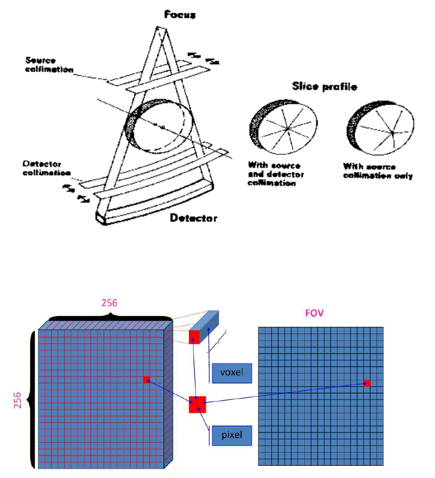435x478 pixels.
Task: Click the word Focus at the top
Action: coord(180,15)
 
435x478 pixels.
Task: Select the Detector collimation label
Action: coord(46,169)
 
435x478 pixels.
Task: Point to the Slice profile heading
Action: coord(324,86)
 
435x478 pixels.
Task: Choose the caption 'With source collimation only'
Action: coord(377,171)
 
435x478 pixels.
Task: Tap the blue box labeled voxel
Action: coord(232,373)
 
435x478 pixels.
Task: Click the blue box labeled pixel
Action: coord(232,435)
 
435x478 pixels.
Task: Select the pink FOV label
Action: coord(314,313)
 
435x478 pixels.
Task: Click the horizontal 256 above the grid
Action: coord(109,303)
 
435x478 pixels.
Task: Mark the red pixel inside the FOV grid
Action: coord(367,384)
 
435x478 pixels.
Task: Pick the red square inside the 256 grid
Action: coord(146,379)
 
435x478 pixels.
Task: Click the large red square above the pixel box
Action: coord(197,404)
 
